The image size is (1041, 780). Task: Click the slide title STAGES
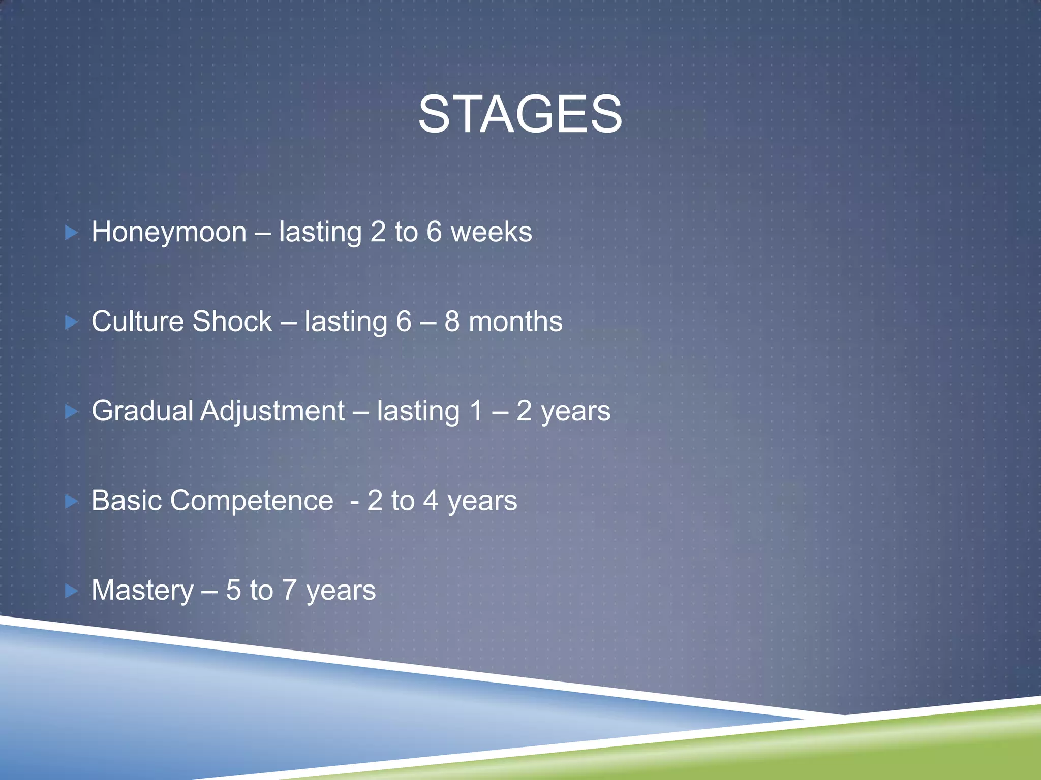pos(520,115)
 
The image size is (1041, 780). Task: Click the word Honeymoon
pos(169,232)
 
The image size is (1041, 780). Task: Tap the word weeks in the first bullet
pos(492,232)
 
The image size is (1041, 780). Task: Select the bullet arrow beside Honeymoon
pos(72,233)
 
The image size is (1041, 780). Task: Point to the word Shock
pos(232,321)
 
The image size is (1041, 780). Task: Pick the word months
pos(515,321)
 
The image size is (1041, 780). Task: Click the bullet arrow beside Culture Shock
pos(72,322)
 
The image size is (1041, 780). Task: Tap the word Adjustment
pos(272,411)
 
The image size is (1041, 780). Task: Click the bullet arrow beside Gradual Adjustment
pos(72,412)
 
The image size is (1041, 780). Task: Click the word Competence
pos(252,501)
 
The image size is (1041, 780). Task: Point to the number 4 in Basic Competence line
pos(431,501)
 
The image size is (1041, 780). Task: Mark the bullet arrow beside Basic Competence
pos(72,502)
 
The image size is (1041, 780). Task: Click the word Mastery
pos(142,591)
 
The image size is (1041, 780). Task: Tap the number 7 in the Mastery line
pos(289,590)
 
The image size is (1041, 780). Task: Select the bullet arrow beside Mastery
pos(72,591)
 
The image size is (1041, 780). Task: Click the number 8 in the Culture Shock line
pos(452,321)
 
